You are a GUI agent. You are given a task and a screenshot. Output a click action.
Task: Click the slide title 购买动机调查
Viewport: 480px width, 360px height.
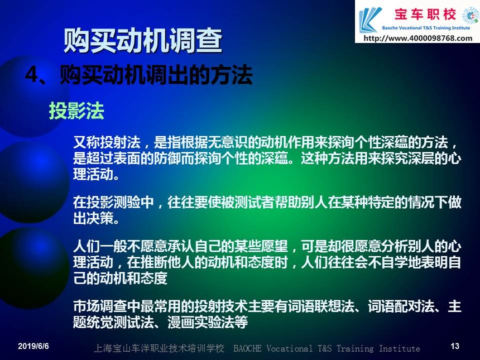[143, 41]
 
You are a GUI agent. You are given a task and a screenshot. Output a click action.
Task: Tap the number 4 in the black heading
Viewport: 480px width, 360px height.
[31, 74]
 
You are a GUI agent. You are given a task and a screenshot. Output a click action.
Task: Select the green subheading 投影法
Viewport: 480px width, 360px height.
[76, 111]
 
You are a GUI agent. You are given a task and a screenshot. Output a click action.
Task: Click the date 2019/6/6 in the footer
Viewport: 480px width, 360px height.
[33, 346]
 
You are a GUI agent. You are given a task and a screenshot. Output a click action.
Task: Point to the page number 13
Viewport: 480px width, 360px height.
[455, 346]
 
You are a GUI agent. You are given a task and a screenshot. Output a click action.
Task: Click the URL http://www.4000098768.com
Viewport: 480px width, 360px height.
[418, 39]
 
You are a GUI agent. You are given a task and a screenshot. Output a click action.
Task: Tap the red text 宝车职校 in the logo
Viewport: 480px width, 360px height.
[425, 15]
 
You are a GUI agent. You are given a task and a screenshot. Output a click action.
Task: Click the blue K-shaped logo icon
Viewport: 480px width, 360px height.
[370, 20]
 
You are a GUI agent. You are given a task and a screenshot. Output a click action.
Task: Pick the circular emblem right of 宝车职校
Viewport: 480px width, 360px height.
[470, 15]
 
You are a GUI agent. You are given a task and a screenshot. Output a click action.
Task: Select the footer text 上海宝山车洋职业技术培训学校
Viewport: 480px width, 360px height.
[159, 348]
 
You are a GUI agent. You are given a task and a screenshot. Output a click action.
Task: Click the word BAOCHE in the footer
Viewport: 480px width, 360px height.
[247, 348]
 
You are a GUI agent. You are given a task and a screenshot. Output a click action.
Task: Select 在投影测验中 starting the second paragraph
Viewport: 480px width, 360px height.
[113, 203]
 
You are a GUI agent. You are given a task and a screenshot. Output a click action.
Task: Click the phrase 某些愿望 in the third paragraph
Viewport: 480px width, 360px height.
[261, 247]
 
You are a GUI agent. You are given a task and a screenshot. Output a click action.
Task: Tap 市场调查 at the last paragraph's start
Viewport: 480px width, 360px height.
[100, 306]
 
